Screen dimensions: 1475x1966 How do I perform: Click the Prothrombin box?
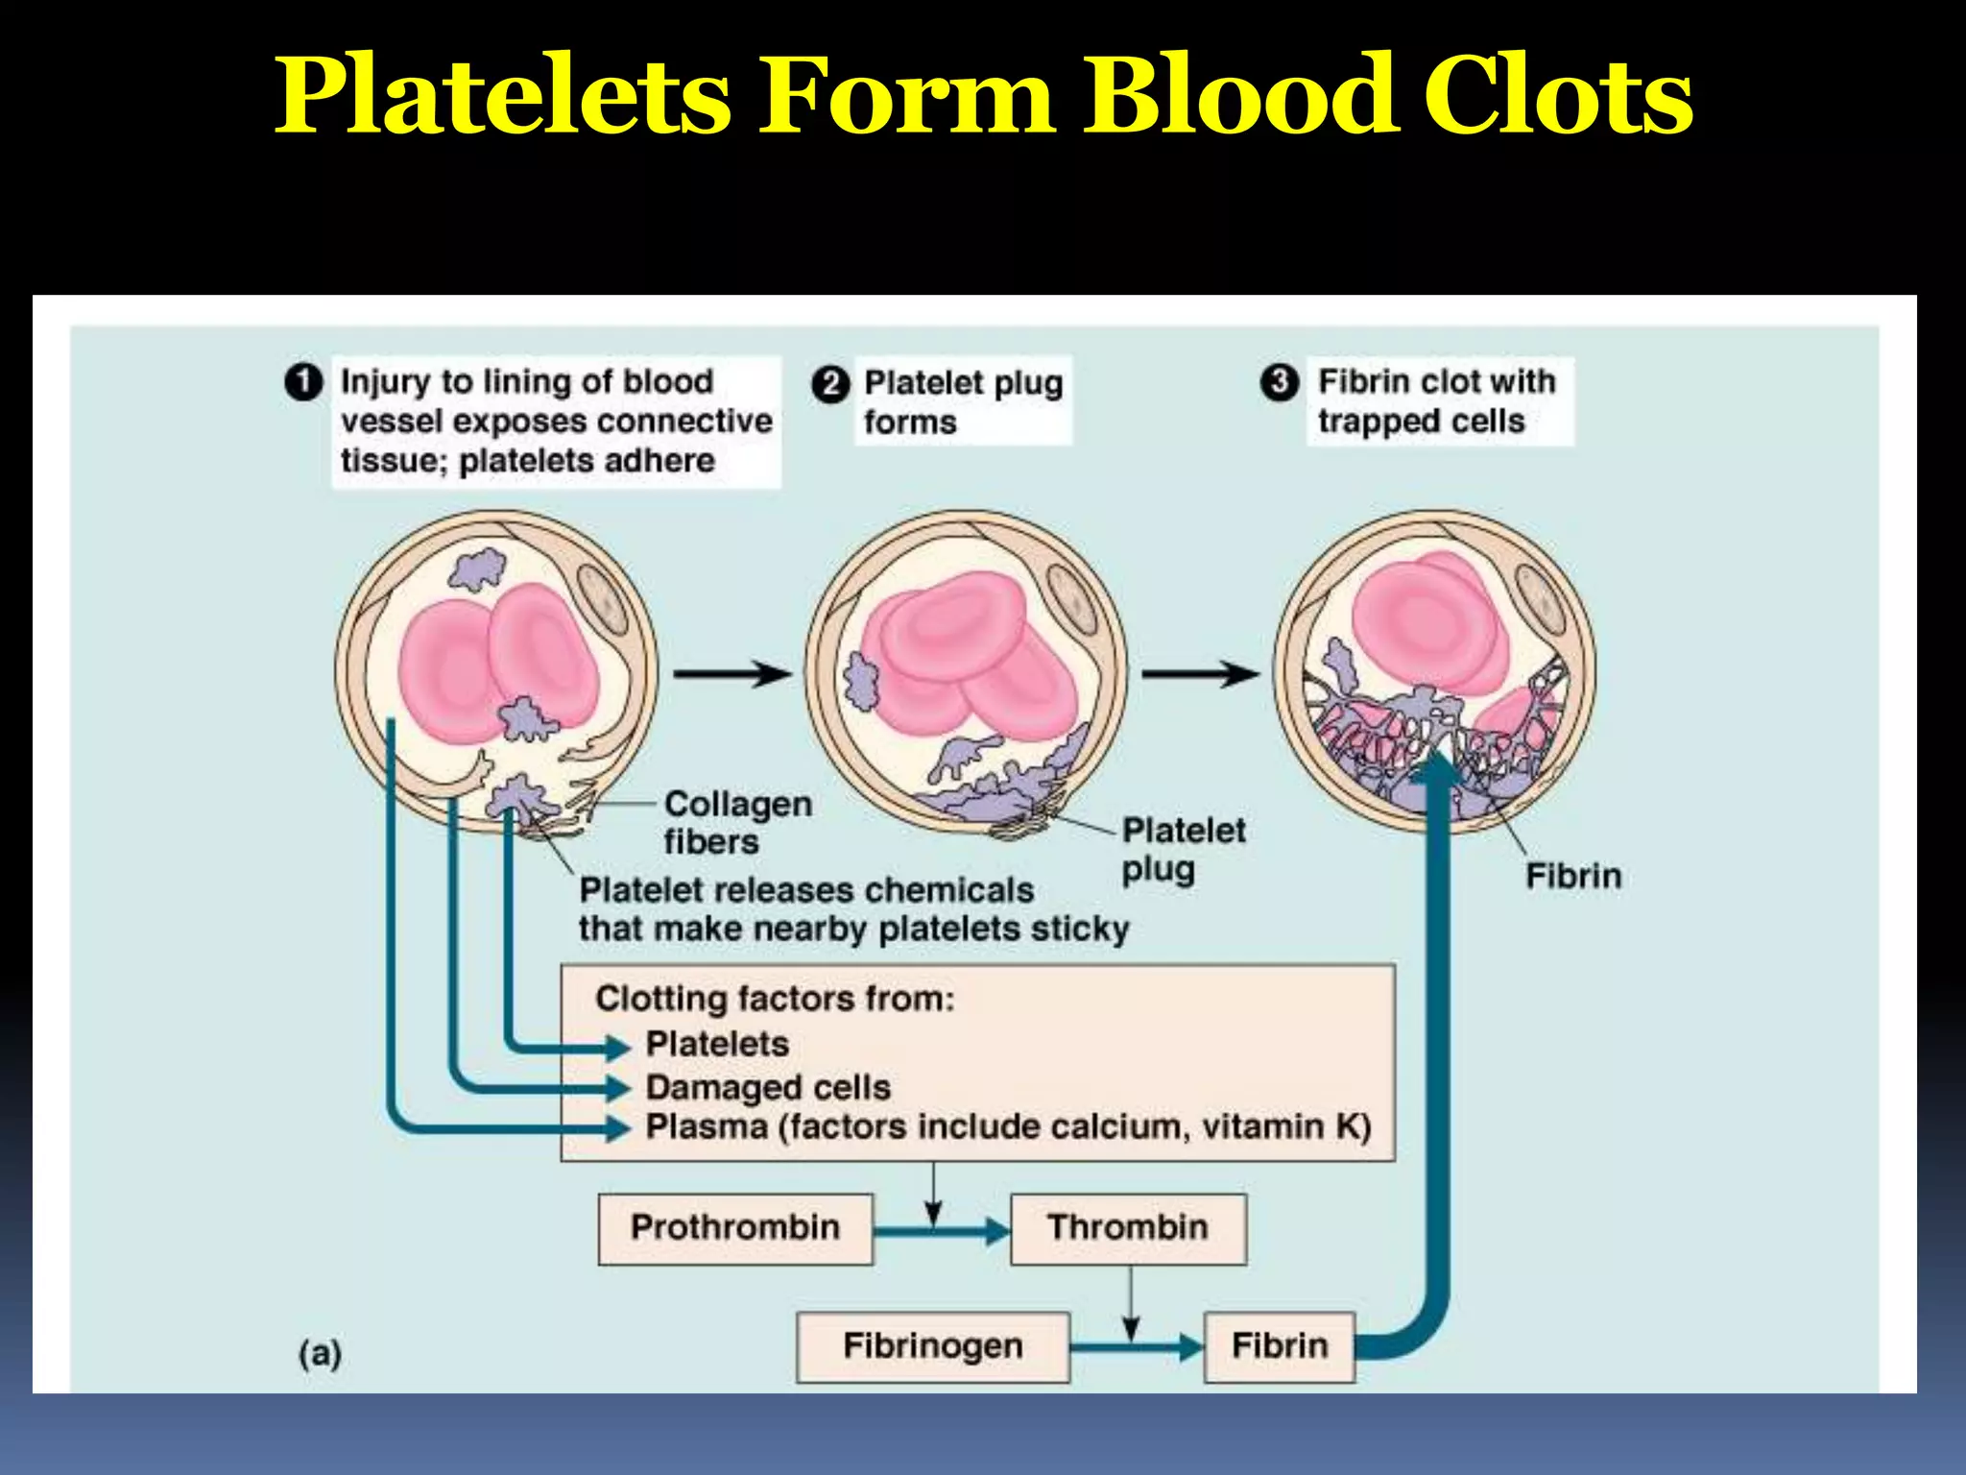click(x=735, y=1228)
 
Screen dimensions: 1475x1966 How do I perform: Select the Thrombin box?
click(x=1128, y=1228)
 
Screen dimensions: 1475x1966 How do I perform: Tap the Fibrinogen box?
click(x=933, y=1346)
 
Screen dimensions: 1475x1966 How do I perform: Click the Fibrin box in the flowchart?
click(x=1280, y=1346)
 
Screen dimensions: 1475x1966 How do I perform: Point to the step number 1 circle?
click(x=303, y=382)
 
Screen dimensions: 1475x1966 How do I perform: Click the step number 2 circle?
click(x=830, y=384)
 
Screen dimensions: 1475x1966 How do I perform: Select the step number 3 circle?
click(x=1279, y=382)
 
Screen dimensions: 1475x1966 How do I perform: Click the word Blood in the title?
click(x=1239, y=96)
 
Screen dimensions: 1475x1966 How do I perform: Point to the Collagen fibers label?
click(x=737, y=823)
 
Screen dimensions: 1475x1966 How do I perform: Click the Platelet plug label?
click(x=1183, y=850)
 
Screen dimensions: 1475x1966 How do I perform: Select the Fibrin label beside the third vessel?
click(x=1573, y=877)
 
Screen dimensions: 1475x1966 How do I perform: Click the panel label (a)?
click(x=320, y=1353)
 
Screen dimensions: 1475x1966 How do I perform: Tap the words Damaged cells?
click(x=768, y=1088)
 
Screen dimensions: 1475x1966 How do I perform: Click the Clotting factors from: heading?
click(x=775, y=999)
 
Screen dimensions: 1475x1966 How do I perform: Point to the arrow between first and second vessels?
click(x=732, y=674)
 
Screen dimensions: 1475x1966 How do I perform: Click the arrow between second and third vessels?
click(x=1200, y=674)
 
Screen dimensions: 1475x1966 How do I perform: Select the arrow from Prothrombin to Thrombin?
click(x=941, y=1230)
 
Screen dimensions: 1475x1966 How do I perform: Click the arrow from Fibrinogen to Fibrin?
click(x=1137, y=1347)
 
